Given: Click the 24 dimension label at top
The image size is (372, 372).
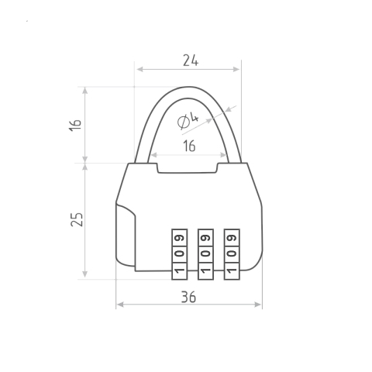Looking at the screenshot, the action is click(191, 60).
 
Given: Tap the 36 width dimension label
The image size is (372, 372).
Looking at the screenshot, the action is click(188, 297).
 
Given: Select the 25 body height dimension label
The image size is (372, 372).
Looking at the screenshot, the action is click(77, 219).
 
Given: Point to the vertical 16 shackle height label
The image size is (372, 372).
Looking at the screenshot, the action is click(75, 125).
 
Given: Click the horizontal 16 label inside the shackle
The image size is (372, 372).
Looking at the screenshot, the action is click(189, 146).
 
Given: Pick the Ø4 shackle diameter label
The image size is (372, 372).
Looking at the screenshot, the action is click(188, 120).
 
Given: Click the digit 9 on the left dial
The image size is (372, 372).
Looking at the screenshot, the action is click(180, 238).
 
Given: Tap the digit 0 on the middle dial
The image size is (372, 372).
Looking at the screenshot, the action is click(205, 253).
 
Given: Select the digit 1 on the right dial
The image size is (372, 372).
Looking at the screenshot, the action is click(232, 270).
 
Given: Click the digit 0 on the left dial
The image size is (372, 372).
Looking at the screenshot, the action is click(180, 253).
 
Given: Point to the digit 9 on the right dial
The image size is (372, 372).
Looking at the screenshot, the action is click(232, 238).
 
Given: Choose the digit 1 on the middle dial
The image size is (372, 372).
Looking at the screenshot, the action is click(205, 270).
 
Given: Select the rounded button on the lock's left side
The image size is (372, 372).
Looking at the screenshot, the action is click(126, 235).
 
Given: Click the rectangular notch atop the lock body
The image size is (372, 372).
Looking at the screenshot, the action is click(188, 168).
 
